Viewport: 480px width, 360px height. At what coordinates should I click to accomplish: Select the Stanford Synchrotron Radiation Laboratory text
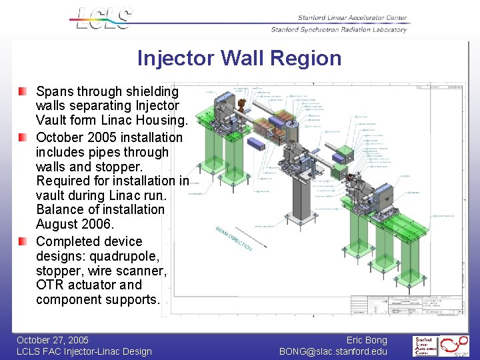[339, 29]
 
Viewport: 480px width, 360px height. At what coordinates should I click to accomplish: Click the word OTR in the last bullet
[49, 285]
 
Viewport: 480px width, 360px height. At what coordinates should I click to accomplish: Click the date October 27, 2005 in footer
[53, 340]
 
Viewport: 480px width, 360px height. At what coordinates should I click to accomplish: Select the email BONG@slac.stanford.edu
[333, 351]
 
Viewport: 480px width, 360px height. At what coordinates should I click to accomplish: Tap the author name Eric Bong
[367, 340]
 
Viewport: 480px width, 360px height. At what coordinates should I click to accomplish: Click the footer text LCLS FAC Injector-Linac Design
[84, 351]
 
